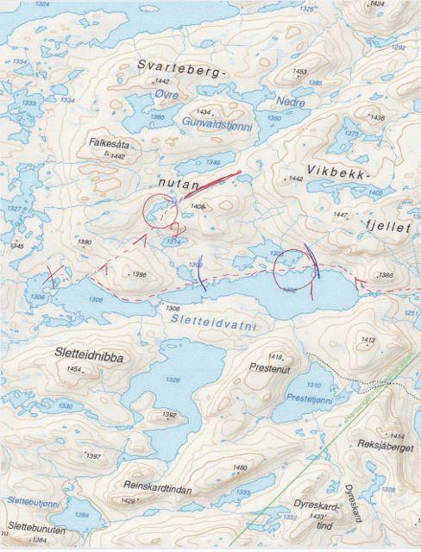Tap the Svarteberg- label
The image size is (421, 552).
(x=183, y=66)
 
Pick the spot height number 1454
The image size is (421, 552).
(x=75, y=369)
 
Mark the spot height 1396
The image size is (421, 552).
(x=140, y=274)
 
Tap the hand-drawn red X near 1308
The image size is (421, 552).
(x=53, y=277)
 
